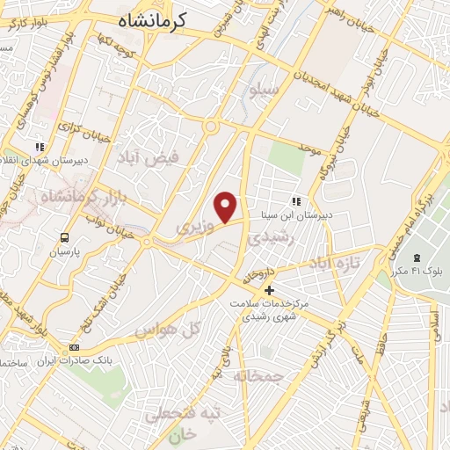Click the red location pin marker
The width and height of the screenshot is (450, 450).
tap(227, 207)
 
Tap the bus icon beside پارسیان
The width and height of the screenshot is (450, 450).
tap(64, 237)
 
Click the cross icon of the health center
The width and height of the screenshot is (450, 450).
tap(269, 290)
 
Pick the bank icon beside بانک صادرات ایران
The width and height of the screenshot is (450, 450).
tap(74, 348)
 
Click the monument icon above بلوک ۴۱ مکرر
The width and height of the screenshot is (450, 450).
tap(417, 258)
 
